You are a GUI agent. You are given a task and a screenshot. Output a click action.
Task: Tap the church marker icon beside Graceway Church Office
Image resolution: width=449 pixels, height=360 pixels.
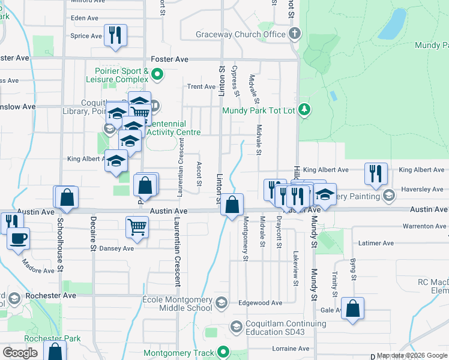[x=294, y=34]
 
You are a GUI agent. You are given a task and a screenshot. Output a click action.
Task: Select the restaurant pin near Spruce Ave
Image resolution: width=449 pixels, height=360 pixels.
[x=115, y=35]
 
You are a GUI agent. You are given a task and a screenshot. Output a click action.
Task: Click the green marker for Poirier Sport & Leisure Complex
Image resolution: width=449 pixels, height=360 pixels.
[x=157, y=75]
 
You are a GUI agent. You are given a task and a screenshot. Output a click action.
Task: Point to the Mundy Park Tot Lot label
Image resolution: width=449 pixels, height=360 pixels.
[x=259, y=110]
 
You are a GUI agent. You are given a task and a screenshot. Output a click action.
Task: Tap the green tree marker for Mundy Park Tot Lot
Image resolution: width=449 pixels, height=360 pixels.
[x=305, y=109]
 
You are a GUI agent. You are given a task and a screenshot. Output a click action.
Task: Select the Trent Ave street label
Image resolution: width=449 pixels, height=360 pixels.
[x=201, y=86]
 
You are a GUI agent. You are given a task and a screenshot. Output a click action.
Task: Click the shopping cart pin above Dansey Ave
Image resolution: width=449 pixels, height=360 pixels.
[x=137, y=227]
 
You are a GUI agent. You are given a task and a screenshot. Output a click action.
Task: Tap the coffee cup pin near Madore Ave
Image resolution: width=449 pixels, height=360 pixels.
[x=17, y=238]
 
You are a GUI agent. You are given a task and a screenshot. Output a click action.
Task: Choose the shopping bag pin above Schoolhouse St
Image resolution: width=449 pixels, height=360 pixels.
[x=67, y=197]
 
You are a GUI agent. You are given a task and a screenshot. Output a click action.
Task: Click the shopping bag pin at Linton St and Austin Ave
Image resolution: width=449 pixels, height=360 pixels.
[x=232, y=205]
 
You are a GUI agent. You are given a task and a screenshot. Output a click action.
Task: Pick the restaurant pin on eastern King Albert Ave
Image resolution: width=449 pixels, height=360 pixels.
[x=376, y=173]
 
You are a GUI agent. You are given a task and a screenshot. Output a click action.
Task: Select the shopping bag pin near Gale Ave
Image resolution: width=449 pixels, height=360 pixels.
[x=354, y=309]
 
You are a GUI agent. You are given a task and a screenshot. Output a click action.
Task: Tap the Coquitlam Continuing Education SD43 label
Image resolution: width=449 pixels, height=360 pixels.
[x=285, y=328]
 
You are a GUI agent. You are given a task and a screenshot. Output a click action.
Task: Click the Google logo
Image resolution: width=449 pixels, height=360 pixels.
[x=20, y=353]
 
